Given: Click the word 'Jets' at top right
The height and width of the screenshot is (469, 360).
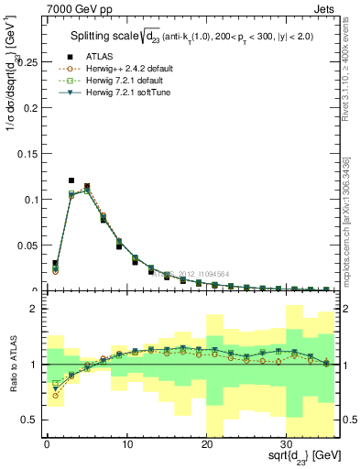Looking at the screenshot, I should (x=325, y=7).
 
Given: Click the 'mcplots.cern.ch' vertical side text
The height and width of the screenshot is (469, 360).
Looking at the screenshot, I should (x=352, y=211).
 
